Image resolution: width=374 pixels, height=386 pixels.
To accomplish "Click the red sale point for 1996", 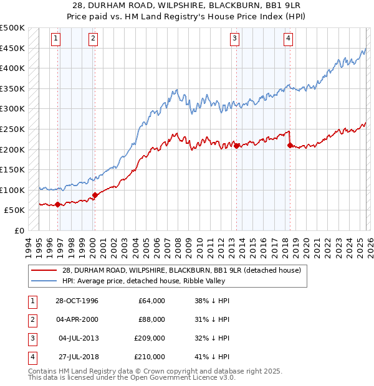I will (x=58, y=204).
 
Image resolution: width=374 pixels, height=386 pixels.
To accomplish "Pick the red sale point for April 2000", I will (x=95, y=195).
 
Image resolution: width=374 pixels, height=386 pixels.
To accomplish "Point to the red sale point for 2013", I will (x=237, y=146).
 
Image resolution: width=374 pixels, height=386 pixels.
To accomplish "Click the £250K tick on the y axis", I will (x=12, y=129).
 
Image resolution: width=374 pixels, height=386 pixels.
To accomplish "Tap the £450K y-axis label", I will (x=12, y=48).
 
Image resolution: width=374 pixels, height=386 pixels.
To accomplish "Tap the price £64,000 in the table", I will (x=151, y=301).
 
